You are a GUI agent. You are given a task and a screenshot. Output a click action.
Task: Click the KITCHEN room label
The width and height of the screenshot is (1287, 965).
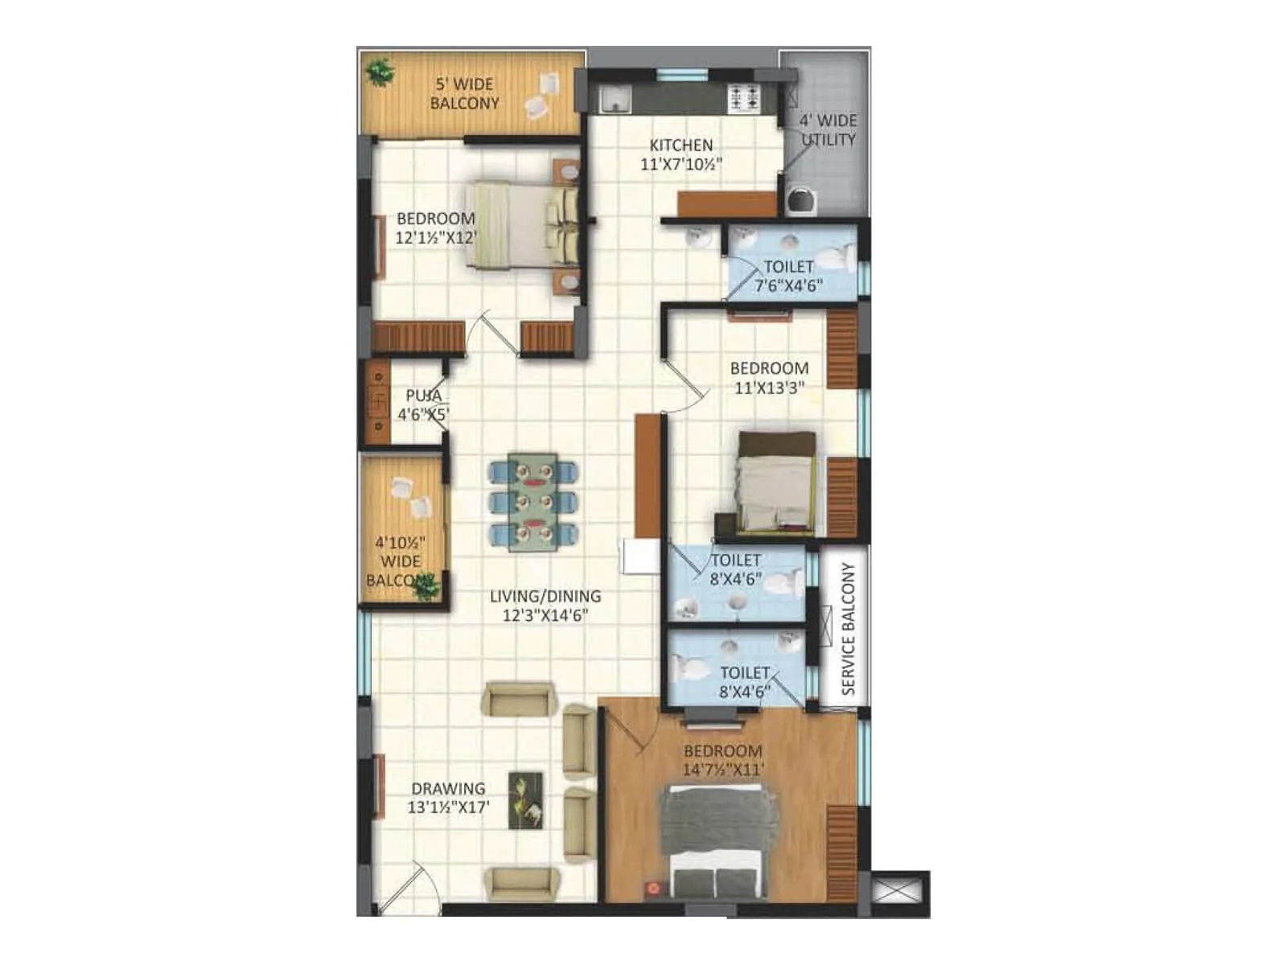681,146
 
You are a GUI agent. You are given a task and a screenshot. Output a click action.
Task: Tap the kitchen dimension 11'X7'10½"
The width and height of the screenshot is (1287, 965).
681,165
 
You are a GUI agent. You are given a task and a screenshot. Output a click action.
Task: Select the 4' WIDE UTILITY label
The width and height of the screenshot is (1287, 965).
828,130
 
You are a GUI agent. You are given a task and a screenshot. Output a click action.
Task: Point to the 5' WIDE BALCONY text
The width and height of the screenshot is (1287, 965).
464,93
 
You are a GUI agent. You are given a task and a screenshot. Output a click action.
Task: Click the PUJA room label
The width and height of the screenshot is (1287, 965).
423,396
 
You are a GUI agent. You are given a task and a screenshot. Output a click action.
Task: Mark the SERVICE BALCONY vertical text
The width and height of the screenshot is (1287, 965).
848,630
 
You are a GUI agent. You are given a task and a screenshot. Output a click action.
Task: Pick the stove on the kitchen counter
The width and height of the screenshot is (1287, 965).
743,98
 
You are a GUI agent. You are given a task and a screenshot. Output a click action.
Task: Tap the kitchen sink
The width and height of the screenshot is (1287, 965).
616,100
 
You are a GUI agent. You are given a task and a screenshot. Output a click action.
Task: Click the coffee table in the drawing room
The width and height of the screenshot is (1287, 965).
525,800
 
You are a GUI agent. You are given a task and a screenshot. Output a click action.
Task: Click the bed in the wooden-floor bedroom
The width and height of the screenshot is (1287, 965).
718,841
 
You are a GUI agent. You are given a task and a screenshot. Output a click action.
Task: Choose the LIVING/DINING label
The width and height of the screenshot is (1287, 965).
545,597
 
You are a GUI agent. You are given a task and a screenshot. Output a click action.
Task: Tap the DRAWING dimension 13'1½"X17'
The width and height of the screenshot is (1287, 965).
448,807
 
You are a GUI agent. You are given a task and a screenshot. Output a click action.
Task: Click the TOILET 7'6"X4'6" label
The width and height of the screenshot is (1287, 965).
788,276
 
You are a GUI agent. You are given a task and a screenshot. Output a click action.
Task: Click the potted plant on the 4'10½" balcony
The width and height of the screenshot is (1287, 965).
424,587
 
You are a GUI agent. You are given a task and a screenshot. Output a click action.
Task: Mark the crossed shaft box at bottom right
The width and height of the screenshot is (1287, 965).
899,893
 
